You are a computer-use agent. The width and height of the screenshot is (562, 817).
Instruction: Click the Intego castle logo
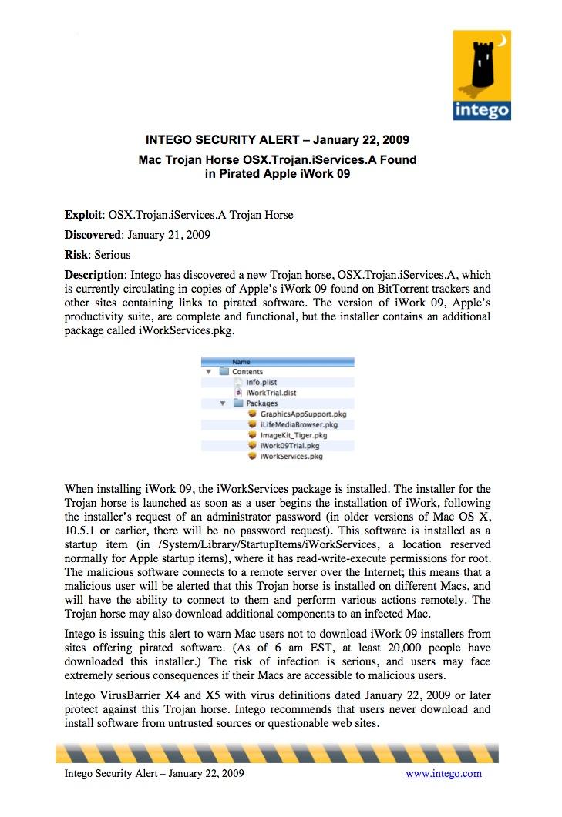(x=482, y=75)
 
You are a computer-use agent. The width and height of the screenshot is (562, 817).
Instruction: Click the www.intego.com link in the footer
(x=443, y=773)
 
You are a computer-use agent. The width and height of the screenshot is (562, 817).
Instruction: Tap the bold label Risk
(x=76, y=254)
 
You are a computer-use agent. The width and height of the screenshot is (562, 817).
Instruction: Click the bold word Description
(x=94, y=275)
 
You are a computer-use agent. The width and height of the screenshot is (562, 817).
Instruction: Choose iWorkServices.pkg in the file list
(x=291, y=456)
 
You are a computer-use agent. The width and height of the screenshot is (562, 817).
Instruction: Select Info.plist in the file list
(x=262, y=381)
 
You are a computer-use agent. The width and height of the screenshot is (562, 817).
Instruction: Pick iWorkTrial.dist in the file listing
(x=268, y=392)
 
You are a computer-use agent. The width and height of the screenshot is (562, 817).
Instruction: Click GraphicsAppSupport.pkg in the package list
(x=303, y=414)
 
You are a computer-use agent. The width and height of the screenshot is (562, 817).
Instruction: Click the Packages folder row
(x=262, y=403)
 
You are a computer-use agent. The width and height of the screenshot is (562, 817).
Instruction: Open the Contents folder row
(x=247, y=371)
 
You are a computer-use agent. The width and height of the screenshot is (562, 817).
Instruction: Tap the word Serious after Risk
(x=113, y=254)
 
